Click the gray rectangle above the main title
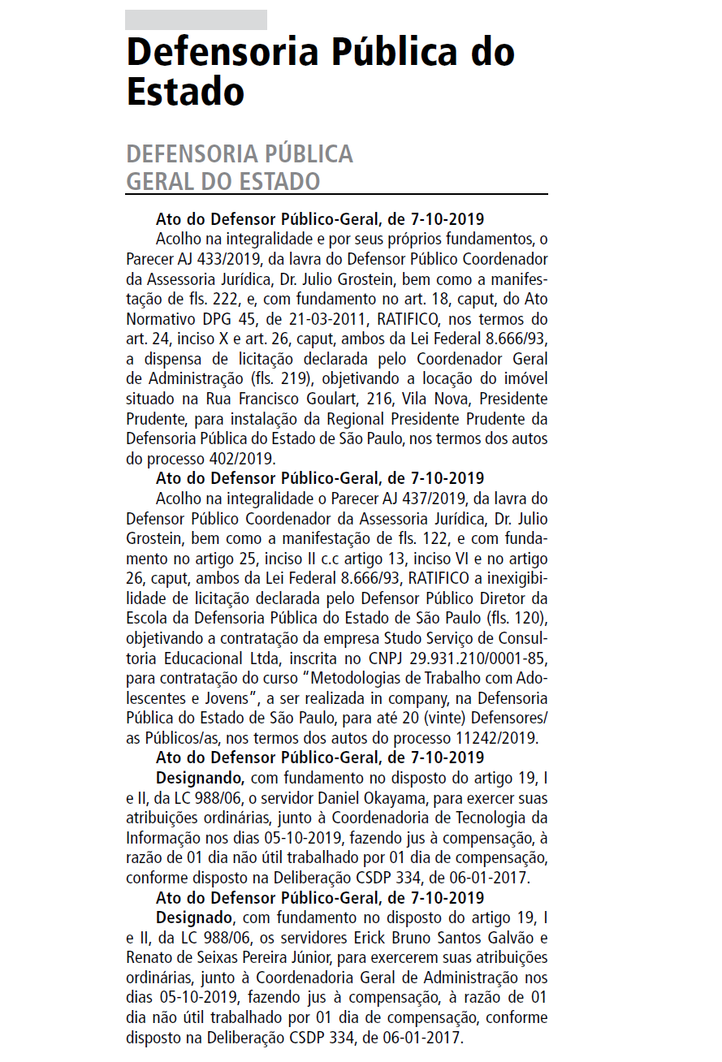pos(196,19)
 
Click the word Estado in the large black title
pos(185,92)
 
